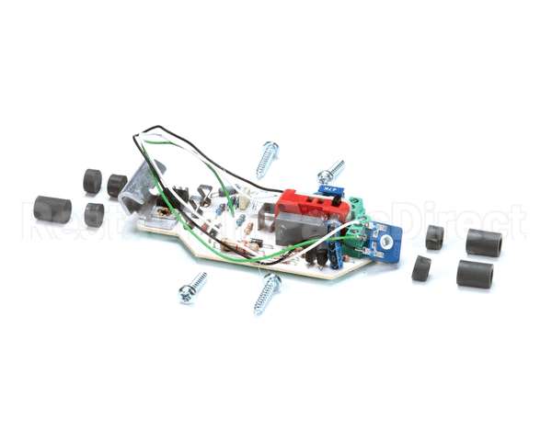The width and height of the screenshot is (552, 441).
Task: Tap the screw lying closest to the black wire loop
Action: (267, 158)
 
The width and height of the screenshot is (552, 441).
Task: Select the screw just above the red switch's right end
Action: (331, 171)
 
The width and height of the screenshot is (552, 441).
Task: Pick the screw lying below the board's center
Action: (268, 292)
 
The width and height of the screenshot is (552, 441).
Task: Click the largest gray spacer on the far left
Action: (52, 209)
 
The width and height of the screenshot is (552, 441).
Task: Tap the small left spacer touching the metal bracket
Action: (117, 185)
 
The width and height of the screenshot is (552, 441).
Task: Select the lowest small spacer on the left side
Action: (94, 215)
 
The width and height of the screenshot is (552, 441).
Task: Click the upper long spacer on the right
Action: (483, 243)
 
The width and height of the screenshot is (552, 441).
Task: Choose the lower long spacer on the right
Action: (475, 274)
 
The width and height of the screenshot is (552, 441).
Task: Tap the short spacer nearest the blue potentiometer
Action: (434, 238)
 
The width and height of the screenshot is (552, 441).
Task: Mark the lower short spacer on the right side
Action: (421, 268)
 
